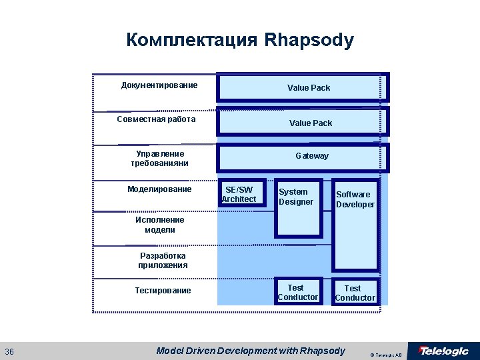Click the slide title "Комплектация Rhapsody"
pyautogui.click(x=240, y=40)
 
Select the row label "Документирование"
pyautogui.click(x=159, y=85)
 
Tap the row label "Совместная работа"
pyautogui.click(x=156, y=119)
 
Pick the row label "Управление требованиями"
pyautogui.click(x=159, y=158)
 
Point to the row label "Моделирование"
pyautogui.click(x=159, y=189)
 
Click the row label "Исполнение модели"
pyautogui.click(x=159, y=225)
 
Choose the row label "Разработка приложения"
pyautogui.click(x=163, y=260)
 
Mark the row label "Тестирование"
pyautogui.click(x=163, y=290)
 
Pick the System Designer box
pyautogui.click(x=298, y=207)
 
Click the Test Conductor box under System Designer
pyautogui.click(x=298, y=292)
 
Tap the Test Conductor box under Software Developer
pyautogui.click(x=355, y=293)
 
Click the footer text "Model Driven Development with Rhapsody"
pyautogui.click(x=251, y=351)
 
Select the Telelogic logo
pyautogui.click(x=443, y=351)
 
